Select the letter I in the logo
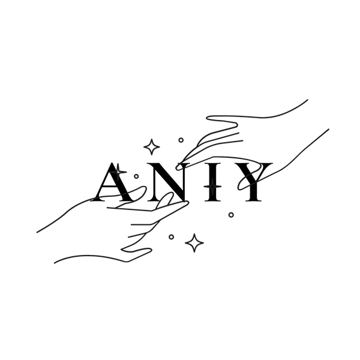pos(213,182)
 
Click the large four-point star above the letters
pos(152,147)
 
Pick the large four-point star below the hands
pos(194,243)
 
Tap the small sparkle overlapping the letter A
pos(118,172)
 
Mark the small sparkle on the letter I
pos(213,186)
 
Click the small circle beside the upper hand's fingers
pos(181,140)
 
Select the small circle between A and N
pos(136,176)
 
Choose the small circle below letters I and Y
pos(231,215)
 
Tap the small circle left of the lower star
pos(171,237)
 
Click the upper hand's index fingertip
pos(178,167)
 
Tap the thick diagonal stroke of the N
pos(169,181)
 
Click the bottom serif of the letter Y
pos(253,200)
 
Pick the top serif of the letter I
pos(213,164)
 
